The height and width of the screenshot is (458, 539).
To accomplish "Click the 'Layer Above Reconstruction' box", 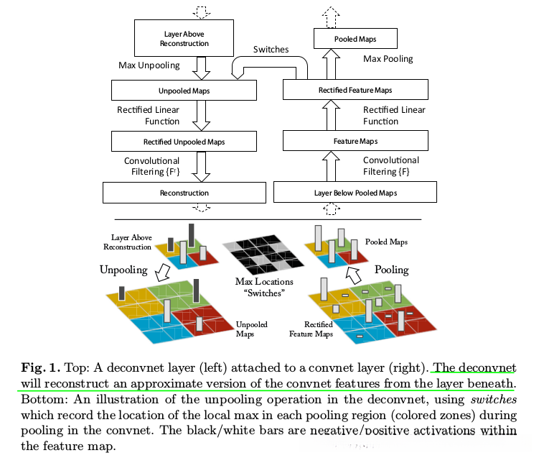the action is pyautogui.click(x=184, y=38).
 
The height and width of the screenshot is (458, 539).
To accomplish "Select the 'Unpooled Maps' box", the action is pyautogui.click(x=184, y=91).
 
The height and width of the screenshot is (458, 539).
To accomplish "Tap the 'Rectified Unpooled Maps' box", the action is pyautogui.click(x=184, y=142).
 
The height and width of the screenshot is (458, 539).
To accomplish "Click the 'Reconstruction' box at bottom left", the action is pyautogui.click(x=184, y=193).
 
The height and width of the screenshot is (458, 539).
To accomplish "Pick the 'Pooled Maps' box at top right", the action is pyautogui.click(x=355, y=39).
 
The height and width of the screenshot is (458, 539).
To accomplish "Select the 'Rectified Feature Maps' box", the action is pyautogui.click(x=355, y=90).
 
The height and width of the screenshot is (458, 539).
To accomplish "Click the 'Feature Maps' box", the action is pyautogui.click(x=355, y=141).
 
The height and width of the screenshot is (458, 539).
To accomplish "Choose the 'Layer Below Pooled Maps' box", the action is pyautogui.click(x=355, y=193).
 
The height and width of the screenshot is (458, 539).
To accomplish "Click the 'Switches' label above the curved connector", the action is pyautogui.click(x=271, y=49).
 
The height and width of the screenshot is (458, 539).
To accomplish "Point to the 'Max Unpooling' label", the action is pyautogui.click(x=149, y=65).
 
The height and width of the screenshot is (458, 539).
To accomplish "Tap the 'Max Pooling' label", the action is pyautogui.click(x=388, y=59).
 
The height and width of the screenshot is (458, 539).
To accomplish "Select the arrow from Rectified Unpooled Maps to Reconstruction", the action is pyautogui.click(x=201, y=167).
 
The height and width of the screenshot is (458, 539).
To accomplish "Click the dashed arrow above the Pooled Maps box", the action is pyautogui.click(x=331, y=17).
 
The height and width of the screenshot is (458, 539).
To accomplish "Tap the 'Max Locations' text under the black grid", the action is pyautogui.click(x=264, y=282).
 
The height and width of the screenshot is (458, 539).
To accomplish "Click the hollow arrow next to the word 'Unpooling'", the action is pyautogui.click(x=163, y=272).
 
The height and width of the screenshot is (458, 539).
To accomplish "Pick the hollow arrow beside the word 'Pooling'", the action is pyautogui.click(x=353, y=275).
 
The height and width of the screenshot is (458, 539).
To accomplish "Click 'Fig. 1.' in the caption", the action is pyautogui.click(x=41, y=367).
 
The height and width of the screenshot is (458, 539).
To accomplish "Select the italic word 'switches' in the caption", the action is pyautogui.click(x=494, y=400).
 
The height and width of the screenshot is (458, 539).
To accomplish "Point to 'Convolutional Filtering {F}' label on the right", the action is pyautogui.click(x=391, y=166).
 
